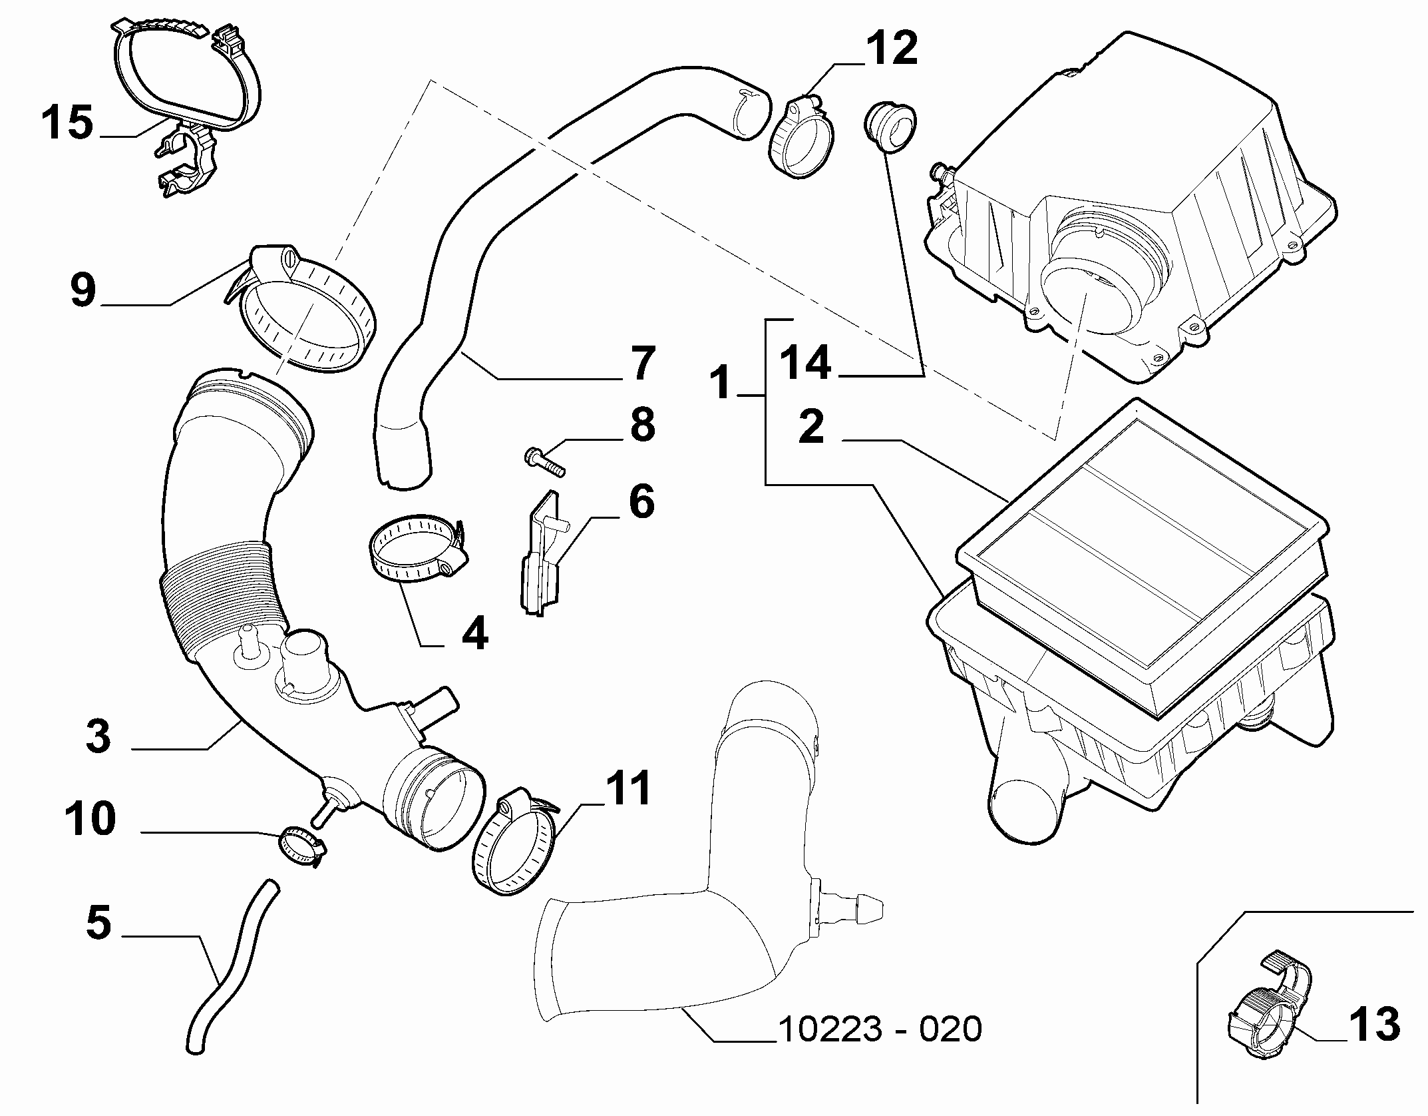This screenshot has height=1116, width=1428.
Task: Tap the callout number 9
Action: (x=83, y=290)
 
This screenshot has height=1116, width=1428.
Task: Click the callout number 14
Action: (x=805, y=364)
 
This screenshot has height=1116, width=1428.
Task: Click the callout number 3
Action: (x=98, y=737)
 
